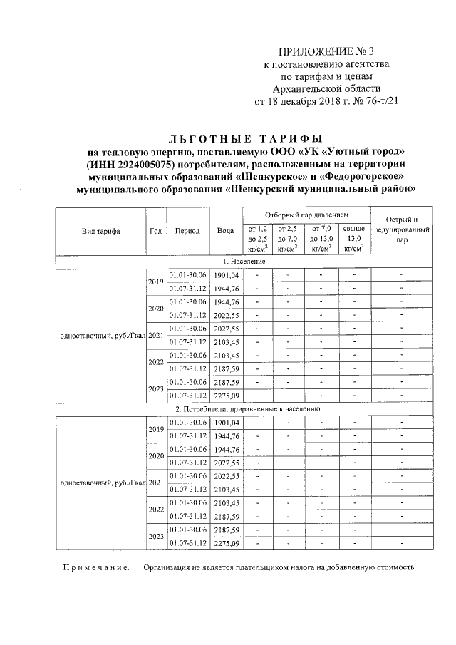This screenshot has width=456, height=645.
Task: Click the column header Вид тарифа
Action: click(x=100, y=231)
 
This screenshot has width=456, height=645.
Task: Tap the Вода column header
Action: click(x=225, y=231)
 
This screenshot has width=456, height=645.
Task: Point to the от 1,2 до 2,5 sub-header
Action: click(x=257, y=238)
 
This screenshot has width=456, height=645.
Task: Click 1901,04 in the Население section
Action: click(x=225, y=275)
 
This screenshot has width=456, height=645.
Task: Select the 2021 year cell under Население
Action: click(x=155, y=336)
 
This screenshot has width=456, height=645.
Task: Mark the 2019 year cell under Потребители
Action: click(x=155, y=429)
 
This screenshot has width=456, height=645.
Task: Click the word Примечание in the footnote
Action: click(x=93, y=568)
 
